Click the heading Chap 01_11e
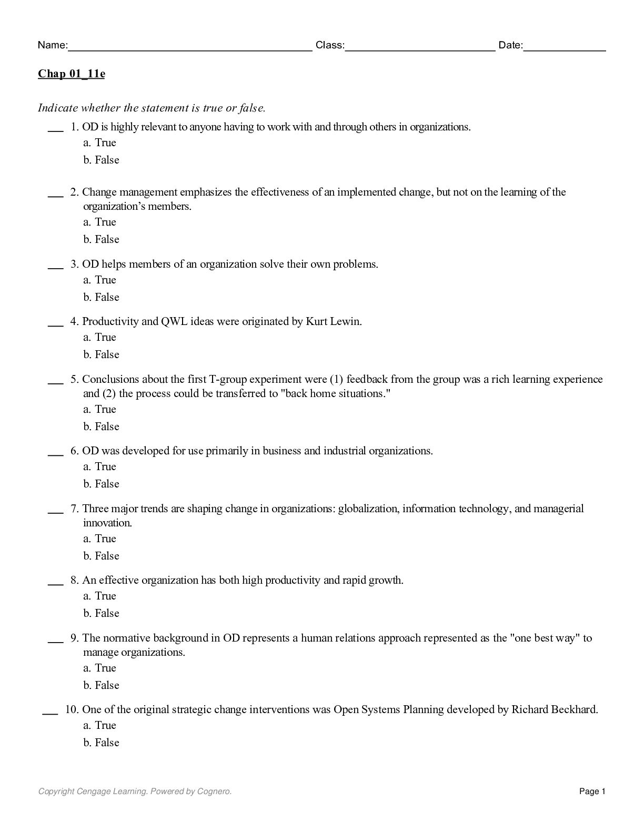click(71, 74)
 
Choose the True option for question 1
click(100, 143)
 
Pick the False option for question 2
click(102, 240)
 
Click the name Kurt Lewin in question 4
click(333, 322)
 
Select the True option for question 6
click(100, 467)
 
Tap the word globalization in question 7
click(367, 509)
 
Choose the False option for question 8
click(102, 614)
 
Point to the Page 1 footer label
click(592, 791)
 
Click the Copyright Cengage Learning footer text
click(135, 791)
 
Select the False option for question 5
click(102, 427)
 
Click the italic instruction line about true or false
click(152, 108)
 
